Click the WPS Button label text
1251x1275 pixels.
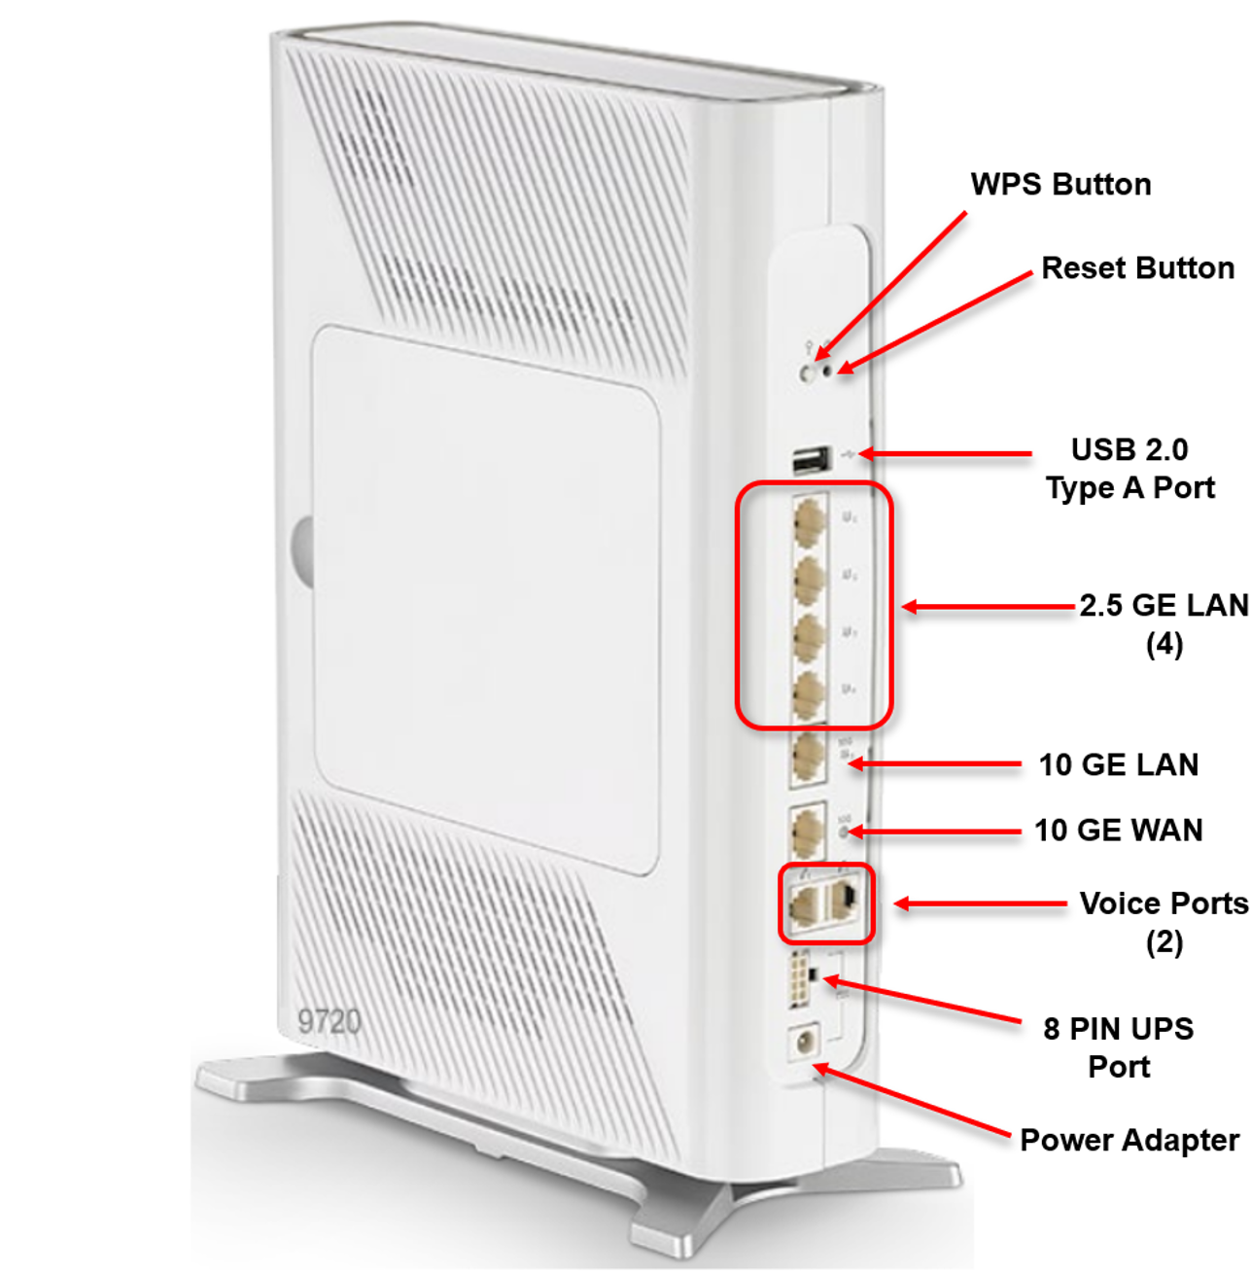coord(1060,184)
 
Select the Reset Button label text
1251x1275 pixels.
coord(1137,267)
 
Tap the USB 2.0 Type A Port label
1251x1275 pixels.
coord(1129,468)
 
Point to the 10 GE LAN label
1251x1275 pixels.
coord(1118,764)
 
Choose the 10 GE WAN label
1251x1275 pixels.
coord(1118,830)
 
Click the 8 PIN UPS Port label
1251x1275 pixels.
coord(1119,1046)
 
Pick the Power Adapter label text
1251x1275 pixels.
coord(1129,1139)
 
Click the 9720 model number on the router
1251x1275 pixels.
coord(330,1021)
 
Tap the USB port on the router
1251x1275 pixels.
coord(812,460)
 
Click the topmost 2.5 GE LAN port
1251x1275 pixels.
coord(809,520)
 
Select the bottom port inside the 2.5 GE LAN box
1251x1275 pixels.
coord(809,694)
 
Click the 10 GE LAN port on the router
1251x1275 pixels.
coord(808,759)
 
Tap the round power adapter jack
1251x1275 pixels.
coord(804,1043)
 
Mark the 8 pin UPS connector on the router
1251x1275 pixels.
coord(801,979)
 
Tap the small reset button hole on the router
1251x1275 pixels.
coord(828,370)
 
